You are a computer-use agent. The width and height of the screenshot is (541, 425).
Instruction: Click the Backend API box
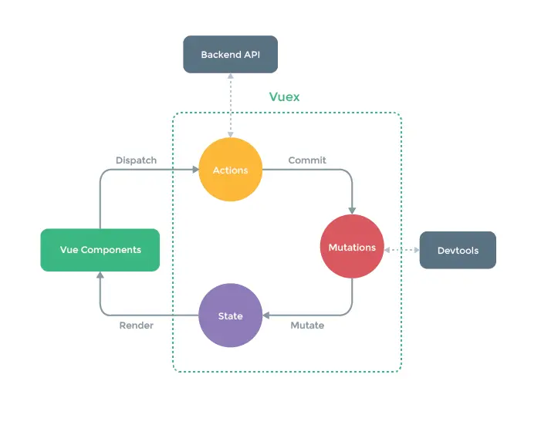coord(230,54)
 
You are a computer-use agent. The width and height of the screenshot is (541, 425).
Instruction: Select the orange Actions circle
coord(230,170)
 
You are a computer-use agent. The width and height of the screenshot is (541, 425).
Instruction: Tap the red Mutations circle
coord(352,247)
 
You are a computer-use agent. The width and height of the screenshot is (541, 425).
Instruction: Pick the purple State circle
coord(230,315)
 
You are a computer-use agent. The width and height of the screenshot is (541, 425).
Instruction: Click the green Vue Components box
coord(100,250)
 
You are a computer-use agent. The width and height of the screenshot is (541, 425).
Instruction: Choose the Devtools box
coord(458,250)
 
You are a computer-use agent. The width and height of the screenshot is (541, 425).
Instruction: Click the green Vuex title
coord(284,97)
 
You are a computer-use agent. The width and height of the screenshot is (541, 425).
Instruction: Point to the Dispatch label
coord(136,160)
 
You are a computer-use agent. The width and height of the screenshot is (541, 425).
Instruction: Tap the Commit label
coord(307,160)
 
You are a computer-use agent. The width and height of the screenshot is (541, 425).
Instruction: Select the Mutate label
coord(307,325)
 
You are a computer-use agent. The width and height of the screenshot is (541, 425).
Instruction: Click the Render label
coord(136,325)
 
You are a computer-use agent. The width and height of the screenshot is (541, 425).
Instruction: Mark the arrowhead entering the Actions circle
coord(194,170)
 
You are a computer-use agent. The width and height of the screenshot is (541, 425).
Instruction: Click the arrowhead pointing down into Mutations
coord(352,210)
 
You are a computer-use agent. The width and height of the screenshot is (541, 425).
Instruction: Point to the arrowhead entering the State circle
coord(266,315)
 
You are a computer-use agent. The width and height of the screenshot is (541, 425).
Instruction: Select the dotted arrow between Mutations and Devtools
coord(401,250)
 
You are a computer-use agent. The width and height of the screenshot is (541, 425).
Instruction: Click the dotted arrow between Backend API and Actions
coord(230,105)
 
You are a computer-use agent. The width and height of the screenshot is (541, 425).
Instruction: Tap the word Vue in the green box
coord(69,250)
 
